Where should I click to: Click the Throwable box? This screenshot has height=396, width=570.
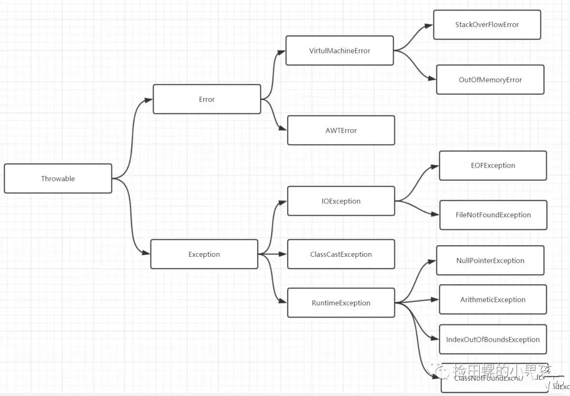coord(58,179)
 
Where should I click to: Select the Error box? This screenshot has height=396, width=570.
coord(207,99)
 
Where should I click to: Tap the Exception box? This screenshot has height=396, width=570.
coord(204,254)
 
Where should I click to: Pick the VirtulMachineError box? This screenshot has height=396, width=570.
coord(339,51)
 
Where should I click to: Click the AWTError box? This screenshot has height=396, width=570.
coord(341,130)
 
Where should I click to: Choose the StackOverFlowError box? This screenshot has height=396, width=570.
coord(487,25)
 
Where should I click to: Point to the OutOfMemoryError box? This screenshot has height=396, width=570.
coord(490,80)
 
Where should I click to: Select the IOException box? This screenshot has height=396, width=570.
coord(341,201)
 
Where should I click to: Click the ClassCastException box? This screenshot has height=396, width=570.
coord(341,254)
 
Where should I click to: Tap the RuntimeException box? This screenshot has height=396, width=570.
coord(341,303)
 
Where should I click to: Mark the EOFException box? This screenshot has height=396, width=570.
coord(493,166)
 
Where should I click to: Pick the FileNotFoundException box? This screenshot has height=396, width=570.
coord(493,215)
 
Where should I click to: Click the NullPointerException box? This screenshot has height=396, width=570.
coord(490,260)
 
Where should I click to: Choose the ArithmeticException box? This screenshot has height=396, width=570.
coord(493,300)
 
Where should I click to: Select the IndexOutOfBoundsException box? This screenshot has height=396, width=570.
coord(493,340)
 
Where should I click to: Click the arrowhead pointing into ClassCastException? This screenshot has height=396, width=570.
coord(284,254)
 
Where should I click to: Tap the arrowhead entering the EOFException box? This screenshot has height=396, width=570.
coord(436,166)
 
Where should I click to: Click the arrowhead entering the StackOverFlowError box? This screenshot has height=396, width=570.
coord(430,25)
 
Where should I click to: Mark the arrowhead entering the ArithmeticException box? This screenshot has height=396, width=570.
coord(436,300)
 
